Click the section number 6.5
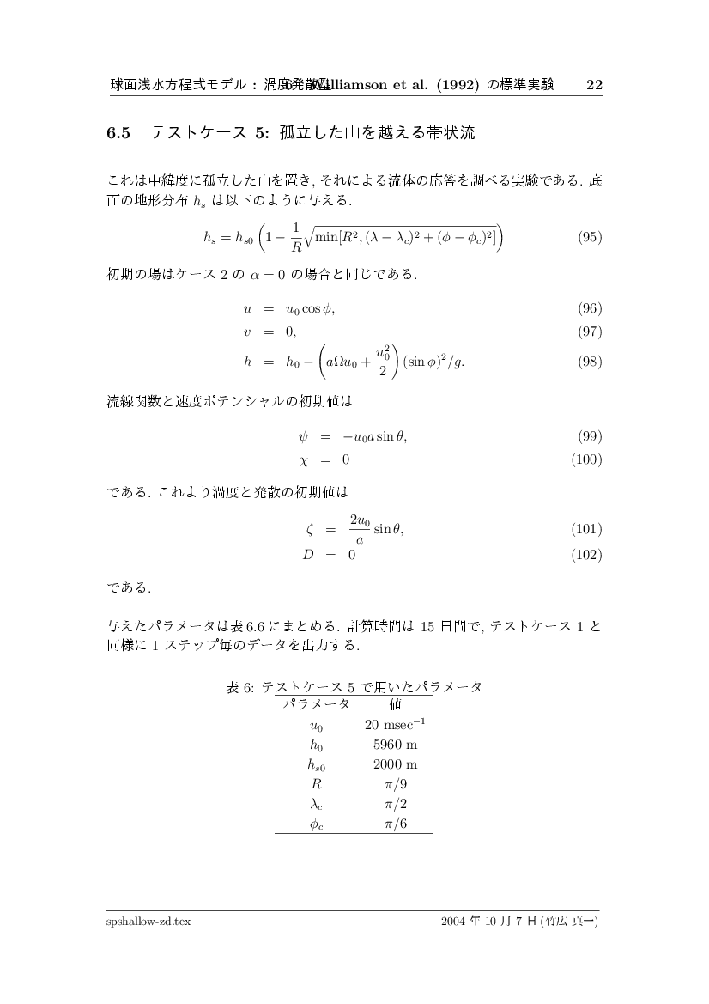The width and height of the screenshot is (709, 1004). [x=118, y=133]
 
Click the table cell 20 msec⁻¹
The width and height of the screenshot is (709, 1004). [x=395, y=725]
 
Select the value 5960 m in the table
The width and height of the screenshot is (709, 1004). [x=395, y=745]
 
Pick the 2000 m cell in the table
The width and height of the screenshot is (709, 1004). [x=395, y=764]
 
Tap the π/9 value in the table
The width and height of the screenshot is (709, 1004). [x=395, y=784]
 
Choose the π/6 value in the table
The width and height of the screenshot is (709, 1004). [x=395, y=823]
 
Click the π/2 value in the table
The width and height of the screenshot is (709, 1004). [x=395, y=803]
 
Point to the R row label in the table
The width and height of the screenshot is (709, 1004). [x=316, y=784]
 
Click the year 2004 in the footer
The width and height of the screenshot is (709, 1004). [x=452, y=921]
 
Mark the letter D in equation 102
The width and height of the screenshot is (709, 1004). [x=306, y=554]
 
